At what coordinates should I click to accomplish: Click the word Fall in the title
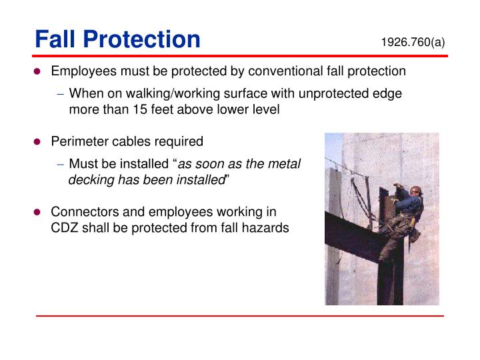55,39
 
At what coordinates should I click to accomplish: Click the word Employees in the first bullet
82,71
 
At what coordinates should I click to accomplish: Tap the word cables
131,141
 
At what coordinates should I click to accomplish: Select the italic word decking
91,180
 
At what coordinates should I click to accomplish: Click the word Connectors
82,212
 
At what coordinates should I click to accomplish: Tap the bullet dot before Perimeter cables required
39,141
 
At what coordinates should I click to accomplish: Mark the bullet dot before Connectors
39,212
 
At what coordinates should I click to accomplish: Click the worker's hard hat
416,190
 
